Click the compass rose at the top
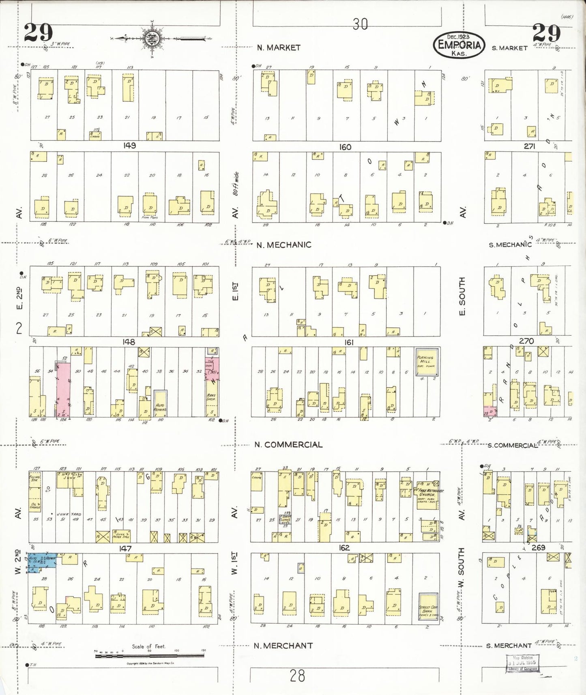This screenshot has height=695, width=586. [x=152, y=39]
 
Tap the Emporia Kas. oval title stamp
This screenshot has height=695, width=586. [x=459, y=45]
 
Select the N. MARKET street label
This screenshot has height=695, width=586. [x=279, y=47]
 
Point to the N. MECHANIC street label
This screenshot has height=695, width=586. [x=283, y=245]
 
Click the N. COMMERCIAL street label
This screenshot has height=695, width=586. [x=288, y=444]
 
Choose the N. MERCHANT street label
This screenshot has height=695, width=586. [x=283, y=646]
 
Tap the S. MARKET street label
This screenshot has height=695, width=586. [x=509, y=48]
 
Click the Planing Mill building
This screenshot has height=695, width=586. [x=426, y=361]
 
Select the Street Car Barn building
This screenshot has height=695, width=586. [x=428, y=607]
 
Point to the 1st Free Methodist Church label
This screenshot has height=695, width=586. [x=428, y=493]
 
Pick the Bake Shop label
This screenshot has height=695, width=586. [x=211, y=397]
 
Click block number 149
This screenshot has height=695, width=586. [x=130, y=146]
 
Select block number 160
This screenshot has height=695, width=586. [x=345, y=147]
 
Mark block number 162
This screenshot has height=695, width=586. [x=344, y=548]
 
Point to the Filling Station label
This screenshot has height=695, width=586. [x=35, y=479]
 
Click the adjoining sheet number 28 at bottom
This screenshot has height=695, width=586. [x=297, y=676]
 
